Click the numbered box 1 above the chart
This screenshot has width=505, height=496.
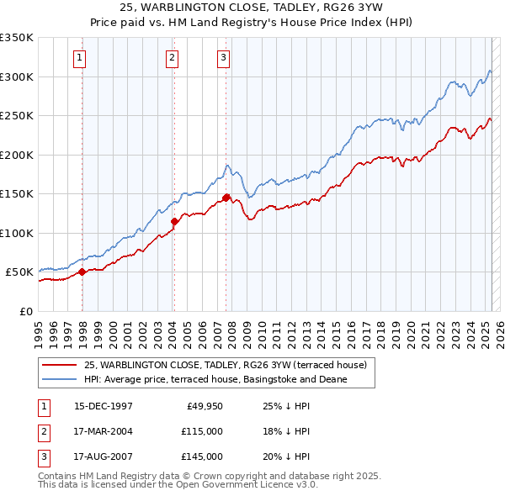[78, 58]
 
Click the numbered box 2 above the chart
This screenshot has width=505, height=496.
[171, 58]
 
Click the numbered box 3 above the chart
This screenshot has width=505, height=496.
[223, 58]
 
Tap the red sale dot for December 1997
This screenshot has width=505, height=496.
[82, 272]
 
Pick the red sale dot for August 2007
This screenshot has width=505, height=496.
[226, 198]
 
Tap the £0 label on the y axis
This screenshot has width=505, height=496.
[26, 311]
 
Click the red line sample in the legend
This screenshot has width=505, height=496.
[59, 366]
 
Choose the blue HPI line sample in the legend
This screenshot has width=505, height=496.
[59, 379]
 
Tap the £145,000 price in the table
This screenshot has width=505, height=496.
[201, 456]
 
